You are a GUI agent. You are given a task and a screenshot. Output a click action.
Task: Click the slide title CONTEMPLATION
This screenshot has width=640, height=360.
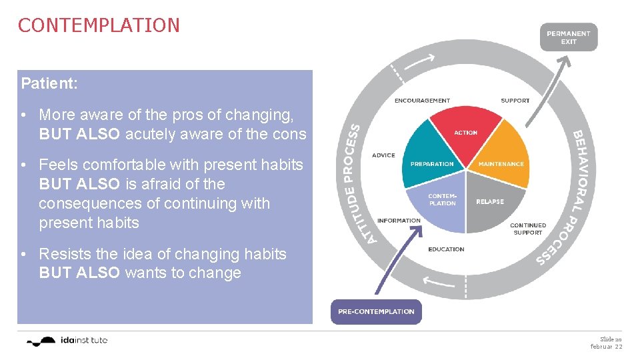coord(99,25)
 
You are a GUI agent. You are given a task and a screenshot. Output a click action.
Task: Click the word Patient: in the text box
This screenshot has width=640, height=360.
coord(49,83)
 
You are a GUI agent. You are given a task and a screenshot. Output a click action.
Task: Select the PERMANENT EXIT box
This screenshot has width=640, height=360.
coord(568,37)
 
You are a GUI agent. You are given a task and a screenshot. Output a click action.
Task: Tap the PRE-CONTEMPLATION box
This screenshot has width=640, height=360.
coord(376,311)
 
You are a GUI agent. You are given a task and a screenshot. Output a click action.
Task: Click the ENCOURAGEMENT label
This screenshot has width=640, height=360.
coord(422,101)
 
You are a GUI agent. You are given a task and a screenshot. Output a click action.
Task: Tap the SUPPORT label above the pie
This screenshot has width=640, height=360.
coord(515,101)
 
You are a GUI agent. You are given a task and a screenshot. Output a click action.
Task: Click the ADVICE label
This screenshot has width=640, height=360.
coord(383,155)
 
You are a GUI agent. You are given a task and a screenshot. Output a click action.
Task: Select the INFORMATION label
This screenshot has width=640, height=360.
coord(399,221)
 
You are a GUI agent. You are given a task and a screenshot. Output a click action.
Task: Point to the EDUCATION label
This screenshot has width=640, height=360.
coord(446,249)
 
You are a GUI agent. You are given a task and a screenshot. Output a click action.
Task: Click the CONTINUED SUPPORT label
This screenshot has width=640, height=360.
coord(527,229)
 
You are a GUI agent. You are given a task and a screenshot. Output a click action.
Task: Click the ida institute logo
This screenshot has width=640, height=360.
coord(67,341)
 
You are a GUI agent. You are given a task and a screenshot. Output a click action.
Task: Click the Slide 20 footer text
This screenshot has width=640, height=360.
coord(611,339)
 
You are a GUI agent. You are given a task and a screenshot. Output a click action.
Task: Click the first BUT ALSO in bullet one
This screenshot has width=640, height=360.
coord(79,134)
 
